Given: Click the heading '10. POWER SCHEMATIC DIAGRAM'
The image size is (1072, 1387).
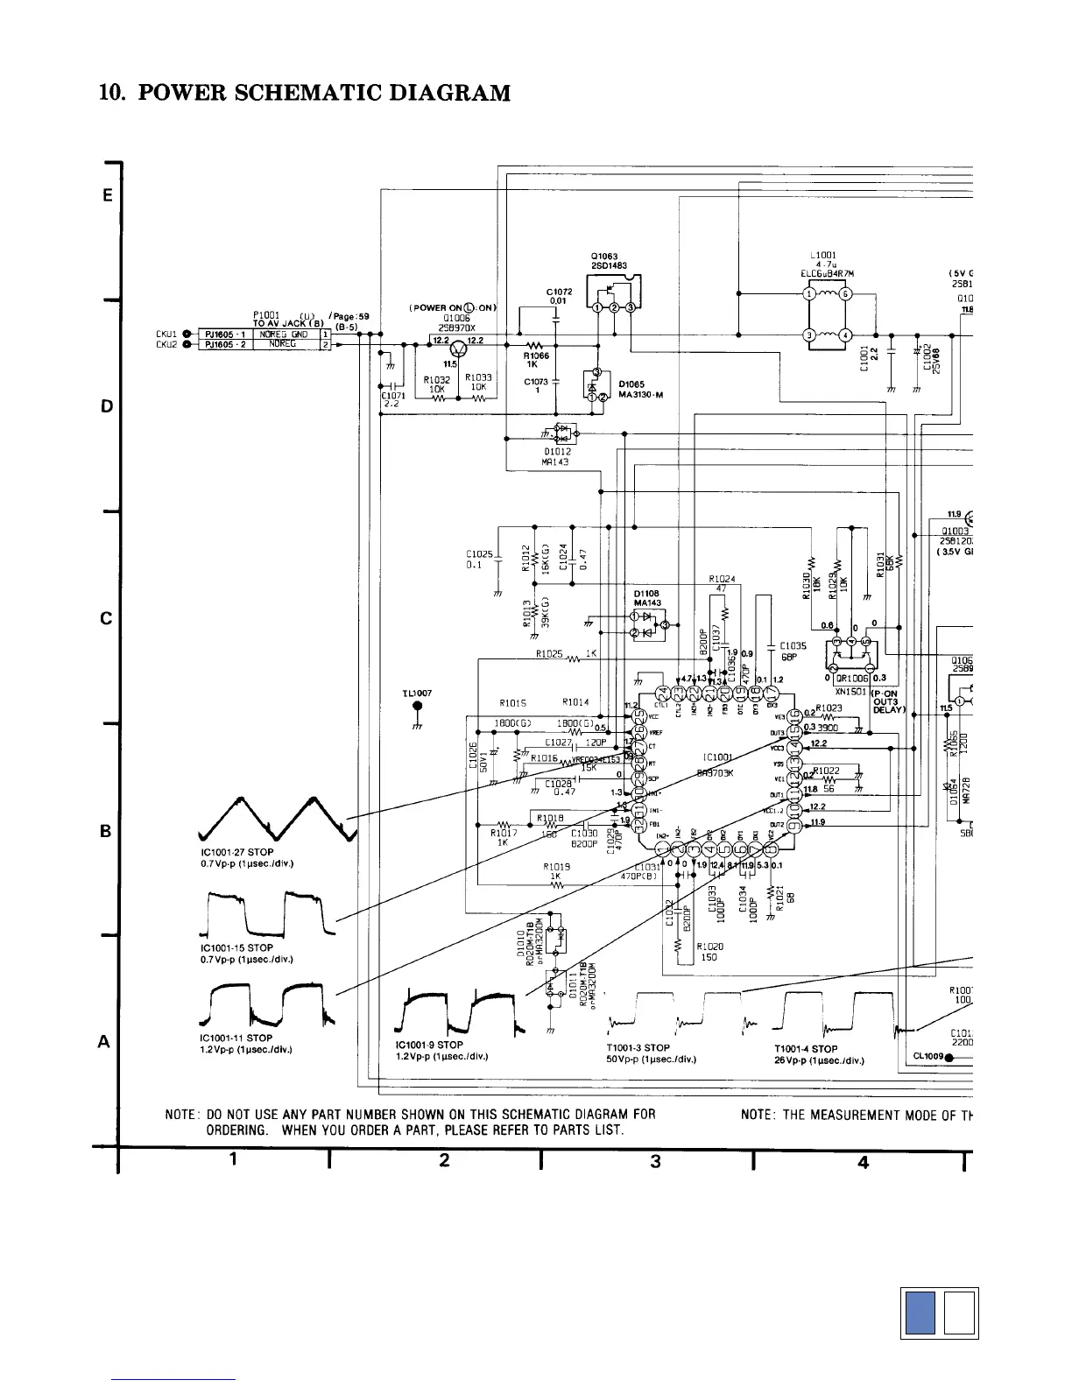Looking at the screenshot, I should pos(305,93).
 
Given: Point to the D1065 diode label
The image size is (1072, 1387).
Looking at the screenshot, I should pos(631,384).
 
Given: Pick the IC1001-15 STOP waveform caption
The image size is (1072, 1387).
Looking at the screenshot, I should pos(236,947).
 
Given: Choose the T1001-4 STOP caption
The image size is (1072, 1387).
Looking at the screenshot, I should pos(806,1048).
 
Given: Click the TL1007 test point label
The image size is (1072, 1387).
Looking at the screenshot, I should pos(417,693).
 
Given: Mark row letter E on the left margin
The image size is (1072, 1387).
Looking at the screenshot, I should pos(107,196).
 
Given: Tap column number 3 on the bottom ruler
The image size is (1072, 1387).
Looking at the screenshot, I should pos(655,1161).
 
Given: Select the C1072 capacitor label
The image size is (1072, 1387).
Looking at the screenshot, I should pos(559,292).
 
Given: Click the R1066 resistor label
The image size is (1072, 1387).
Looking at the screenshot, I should pos(536,356).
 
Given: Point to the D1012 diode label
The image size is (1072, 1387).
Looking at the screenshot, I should pos(557,452).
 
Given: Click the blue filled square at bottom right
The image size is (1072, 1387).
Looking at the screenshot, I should pos(920,1313).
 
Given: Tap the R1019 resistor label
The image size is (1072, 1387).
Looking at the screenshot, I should pos(557,867).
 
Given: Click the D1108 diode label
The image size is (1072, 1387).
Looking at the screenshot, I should pos(646,594).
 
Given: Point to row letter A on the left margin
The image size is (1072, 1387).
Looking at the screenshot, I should pos(104,1042).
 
